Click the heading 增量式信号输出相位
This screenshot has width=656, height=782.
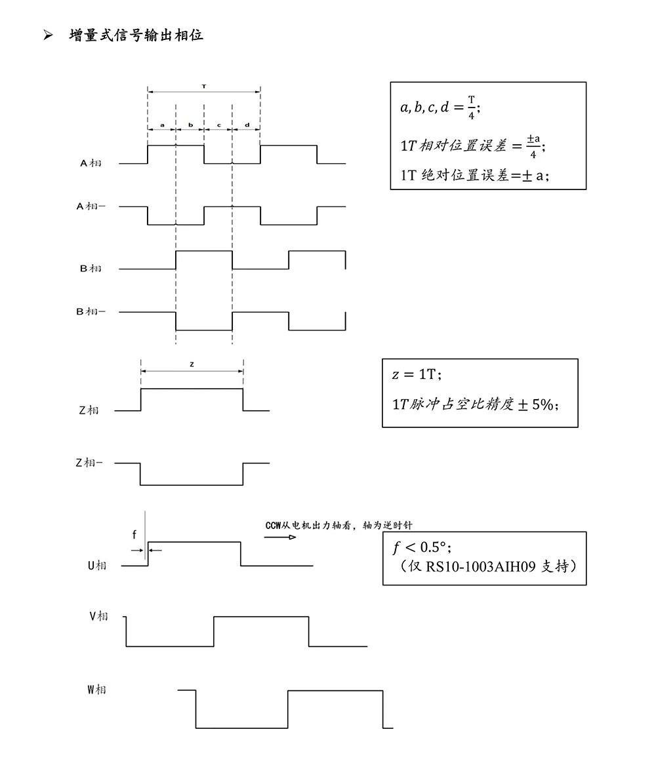pos(136,35)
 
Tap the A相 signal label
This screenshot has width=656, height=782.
pos(91,163)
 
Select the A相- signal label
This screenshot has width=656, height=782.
pos(91,206)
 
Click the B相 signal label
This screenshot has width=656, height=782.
pos(91,268)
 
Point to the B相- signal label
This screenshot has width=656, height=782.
pos(91,311)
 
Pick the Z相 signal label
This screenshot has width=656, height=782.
pos(88,410)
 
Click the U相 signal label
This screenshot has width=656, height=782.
pos(97,565)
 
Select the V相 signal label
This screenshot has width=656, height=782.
pos(98,616)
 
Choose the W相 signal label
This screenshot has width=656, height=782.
pos(96,690)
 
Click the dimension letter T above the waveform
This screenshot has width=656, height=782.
pos(204,86)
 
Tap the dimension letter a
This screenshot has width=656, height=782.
pos(162,124)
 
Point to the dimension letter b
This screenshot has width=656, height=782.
pos(190,124)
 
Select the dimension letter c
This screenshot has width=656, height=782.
pos(218,124)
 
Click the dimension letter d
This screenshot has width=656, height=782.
pos(247,124)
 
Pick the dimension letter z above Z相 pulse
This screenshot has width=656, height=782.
pos(192,364)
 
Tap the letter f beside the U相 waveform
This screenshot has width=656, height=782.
pos(134,535)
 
